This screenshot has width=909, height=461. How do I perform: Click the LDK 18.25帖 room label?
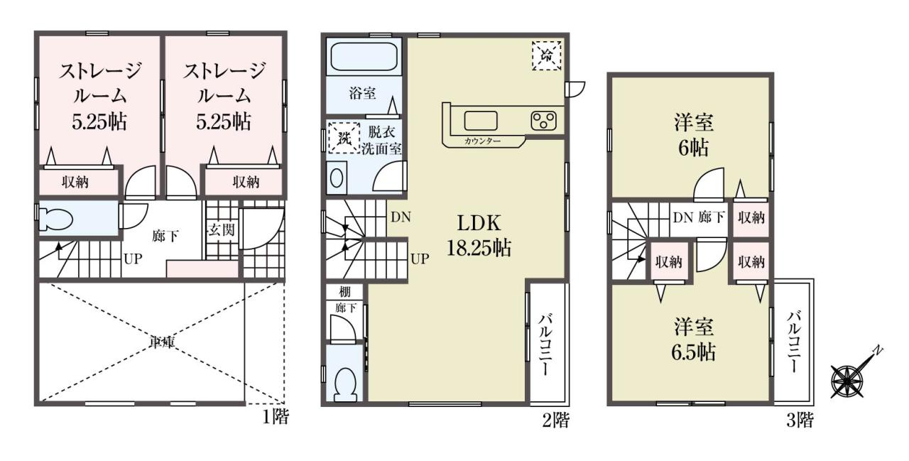pos(479,235)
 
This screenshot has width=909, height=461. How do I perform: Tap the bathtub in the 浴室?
pos(364,57)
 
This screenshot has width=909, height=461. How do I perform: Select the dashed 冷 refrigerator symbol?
pos(546,55)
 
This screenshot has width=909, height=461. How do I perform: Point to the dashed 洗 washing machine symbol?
pos(344,138)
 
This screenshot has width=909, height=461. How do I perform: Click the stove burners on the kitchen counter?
pos(544,121)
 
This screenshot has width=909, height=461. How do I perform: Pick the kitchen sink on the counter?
pos(481,121)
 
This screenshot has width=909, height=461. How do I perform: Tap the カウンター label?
pos(482,141)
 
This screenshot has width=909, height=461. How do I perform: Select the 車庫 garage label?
pos(162,343)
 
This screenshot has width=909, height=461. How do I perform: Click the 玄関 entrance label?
pos(222,229)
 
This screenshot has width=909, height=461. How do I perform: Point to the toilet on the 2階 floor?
pos(344,384)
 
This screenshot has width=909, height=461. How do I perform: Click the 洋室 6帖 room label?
pos(694,135)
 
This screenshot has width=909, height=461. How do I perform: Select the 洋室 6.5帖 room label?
pos(694,340)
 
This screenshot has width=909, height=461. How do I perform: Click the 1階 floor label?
pos(276,417)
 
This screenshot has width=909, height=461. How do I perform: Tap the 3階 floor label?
pos(800,420)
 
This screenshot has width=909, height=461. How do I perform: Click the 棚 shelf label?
pos(344,291)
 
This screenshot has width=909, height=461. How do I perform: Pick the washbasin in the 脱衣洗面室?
pos(337,178)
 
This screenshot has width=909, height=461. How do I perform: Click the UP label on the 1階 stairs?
pos(133,259)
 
